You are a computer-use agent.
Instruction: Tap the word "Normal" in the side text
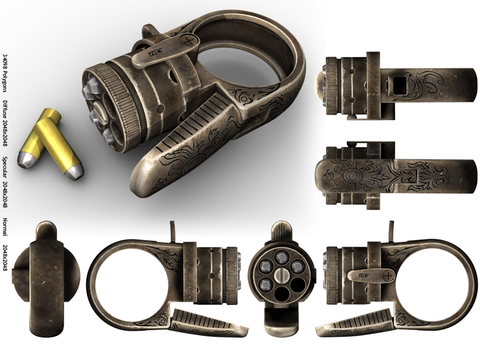[x=5, y=226]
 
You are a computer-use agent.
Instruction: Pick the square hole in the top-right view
[x=400, y=86]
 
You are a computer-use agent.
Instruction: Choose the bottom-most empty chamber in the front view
[x=281, y=293]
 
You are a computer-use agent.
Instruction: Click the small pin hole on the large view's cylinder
[x=161, y=109]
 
